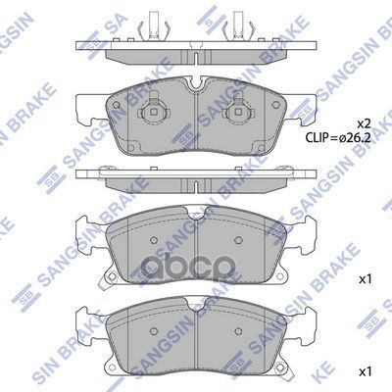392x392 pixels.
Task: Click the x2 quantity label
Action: point(364,123)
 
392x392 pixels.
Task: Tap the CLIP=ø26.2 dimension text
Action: point(338,138)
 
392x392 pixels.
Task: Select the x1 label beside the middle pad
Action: point(366,279)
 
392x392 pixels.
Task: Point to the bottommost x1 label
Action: point(366,371)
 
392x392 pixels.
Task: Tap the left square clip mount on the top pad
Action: point(154,112)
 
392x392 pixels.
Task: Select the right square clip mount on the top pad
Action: point(237,112)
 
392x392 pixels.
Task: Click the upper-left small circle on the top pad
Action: point(116,105)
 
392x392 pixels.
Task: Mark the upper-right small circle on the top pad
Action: point(276,105)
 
